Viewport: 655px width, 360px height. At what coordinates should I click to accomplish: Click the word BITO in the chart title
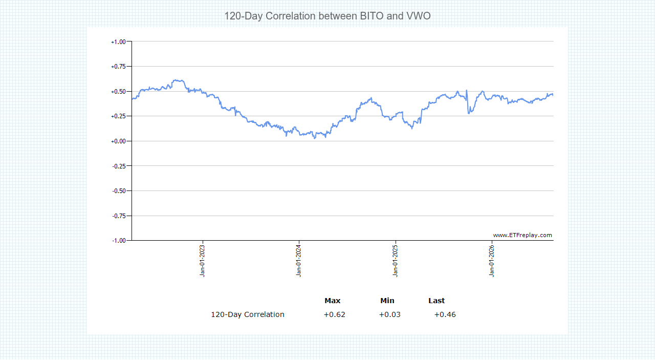tap(372, 16)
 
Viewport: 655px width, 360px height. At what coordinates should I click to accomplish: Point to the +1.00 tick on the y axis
tap(118, 42)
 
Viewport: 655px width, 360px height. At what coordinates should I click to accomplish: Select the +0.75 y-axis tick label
tap(118, 67)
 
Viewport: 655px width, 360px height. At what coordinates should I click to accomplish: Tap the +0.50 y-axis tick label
tap(118, 92)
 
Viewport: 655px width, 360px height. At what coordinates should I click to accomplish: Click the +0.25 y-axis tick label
tap(118, 116)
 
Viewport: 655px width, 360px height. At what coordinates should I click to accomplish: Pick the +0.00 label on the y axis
tap(118, 141)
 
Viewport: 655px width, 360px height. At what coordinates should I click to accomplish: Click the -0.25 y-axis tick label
tap(119, 166)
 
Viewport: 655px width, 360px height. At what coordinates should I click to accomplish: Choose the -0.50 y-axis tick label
tap(119, 191)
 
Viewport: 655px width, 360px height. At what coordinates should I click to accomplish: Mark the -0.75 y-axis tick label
tap(119, 216)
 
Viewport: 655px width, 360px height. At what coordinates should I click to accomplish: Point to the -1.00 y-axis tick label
tap(119, 241)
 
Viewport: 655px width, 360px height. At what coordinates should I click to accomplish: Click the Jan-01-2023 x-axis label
tap(202, 261)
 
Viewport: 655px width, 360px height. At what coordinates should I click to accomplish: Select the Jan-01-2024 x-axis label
tap(298, 261)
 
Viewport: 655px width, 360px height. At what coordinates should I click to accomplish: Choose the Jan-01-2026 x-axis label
tap(492, 261)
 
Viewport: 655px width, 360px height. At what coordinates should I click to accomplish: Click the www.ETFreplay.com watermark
tap(522, 236)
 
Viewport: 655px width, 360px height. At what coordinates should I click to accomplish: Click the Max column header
tap(333, 301)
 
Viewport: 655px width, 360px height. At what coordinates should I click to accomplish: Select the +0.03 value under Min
tap(389, 314)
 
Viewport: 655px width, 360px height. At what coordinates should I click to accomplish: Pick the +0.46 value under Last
tap(445, 314)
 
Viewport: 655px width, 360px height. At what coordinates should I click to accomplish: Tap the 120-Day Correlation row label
tap(248, 314)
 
